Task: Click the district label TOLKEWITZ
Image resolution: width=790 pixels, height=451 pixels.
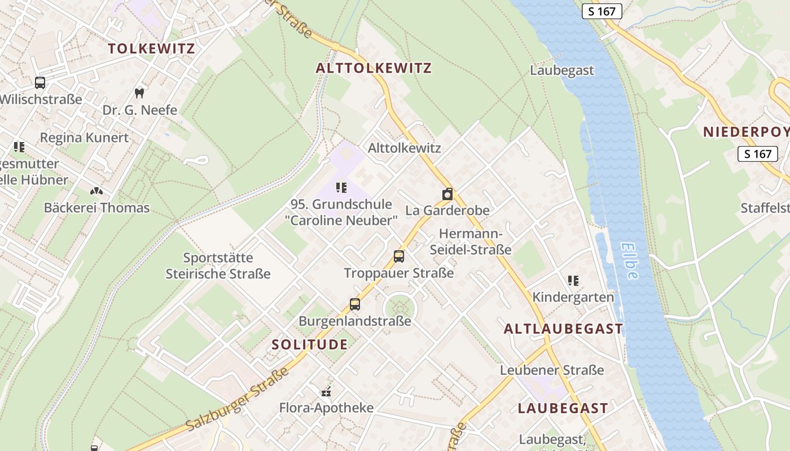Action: pos(151,48)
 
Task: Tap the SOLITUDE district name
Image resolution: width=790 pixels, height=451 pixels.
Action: pos(310,344)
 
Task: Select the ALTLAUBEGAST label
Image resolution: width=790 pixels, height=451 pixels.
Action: pos(563,329)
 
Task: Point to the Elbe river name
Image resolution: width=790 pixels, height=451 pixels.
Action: pos(630,260)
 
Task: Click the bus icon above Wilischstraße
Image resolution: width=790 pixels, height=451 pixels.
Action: pos(40,83)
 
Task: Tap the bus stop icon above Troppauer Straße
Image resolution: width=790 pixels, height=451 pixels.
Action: pos(399,257)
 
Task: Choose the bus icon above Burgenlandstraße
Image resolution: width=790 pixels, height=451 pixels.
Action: pos(355,304)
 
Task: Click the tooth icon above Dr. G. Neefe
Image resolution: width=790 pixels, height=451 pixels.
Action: pos(139,93)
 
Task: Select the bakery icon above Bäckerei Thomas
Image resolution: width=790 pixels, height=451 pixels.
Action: pos(96,191)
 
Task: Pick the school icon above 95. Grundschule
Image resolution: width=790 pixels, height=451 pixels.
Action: pos(341,187)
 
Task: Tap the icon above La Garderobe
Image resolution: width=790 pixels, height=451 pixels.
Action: pos(447,194)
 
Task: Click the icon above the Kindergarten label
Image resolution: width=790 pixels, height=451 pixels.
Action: pos(573,280)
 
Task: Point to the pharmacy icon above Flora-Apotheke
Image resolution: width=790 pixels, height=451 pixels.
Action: pos(326,391)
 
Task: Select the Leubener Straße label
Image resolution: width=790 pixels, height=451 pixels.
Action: pos(552,370)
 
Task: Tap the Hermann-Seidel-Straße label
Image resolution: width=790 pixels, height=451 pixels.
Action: pos(471,241)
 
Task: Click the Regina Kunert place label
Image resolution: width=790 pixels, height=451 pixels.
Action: pos(84,138)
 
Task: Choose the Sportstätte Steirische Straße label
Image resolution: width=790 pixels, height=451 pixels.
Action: pos(218,266)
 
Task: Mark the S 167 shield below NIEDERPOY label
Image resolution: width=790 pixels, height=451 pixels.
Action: pos(757,154)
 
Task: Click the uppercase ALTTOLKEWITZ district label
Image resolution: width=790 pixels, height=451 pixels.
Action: pos(374,69)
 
